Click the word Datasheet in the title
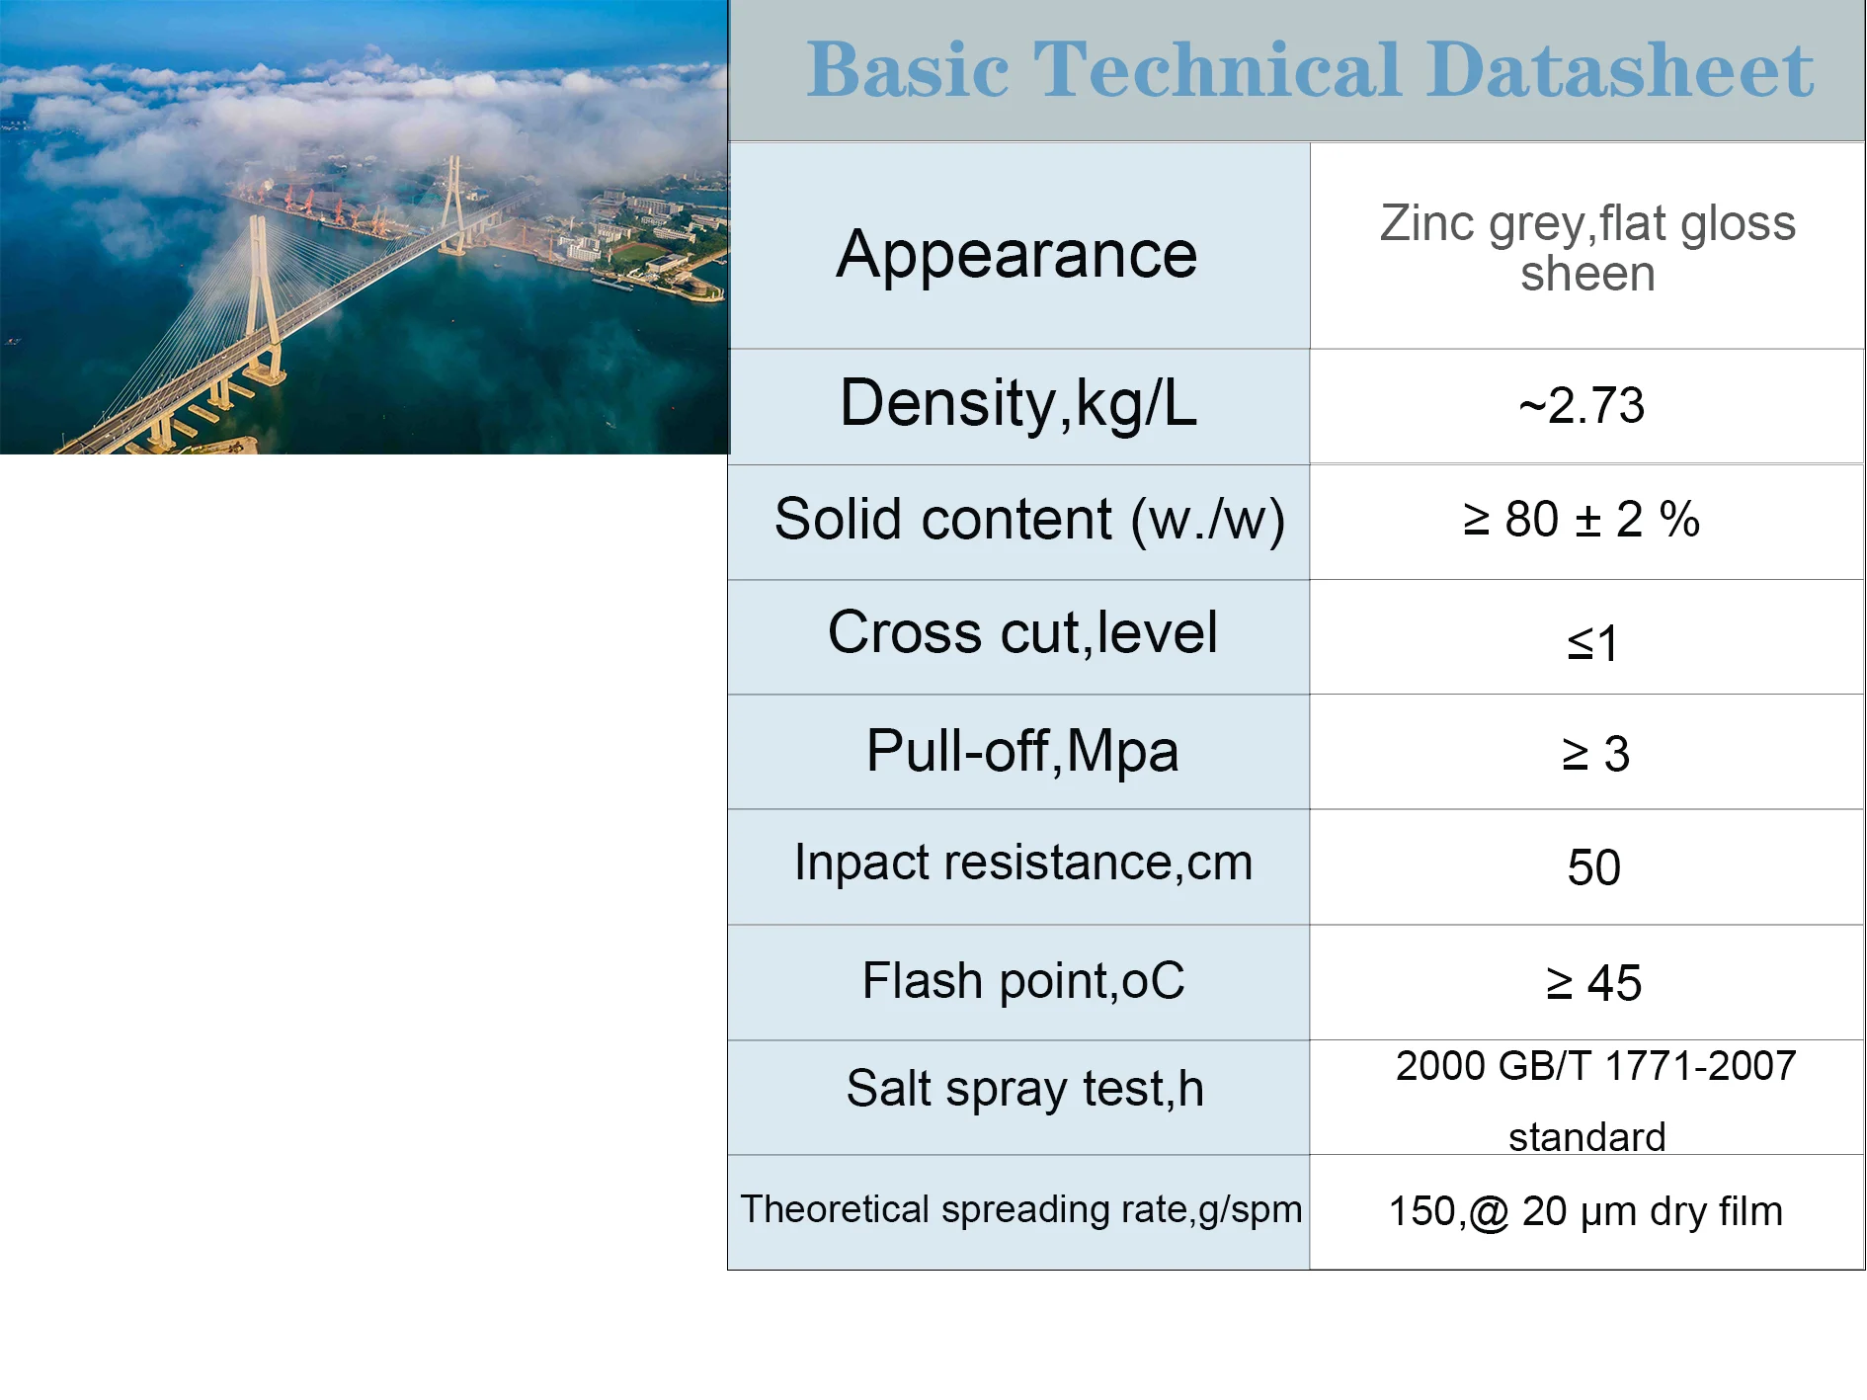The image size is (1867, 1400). (x=1620, y=71)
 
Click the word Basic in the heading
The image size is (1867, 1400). (x=907, y=71)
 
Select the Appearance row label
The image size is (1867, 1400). (x=1016, y=255)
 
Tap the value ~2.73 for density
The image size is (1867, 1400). (x=1582, y=406)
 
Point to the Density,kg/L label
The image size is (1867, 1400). (x=1018, y=404)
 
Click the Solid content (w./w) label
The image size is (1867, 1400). (x=1028, y=520)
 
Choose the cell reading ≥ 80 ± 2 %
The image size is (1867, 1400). (x=1582, y=520)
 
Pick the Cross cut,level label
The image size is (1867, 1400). (x=1022, y=633)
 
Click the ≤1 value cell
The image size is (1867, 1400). (x=1591, y=644)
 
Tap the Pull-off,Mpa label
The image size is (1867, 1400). (x=1022, y=751)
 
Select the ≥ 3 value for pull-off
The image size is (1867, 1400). (x=1594, y=755)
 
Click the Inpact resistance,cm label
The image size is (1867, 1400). (x=1023, y=863)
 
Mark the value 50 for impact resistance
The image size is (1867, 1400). (x=1593, y=868)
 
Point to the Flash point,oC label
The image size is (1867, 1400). (x=1022, y=981)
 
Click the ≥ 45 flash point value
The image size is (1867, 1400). (x=1593, y=984)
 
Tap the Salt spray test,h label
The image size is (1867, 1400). (x=1024, y=1089)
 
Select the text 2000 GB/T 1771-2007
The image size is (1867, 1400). (x=1594, y=1067)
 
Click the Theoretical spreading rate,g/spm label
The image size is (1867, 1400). (x=1020, y=1209)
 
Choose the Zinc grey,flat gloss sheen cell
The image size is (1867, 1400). (x=1586, y=248)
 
